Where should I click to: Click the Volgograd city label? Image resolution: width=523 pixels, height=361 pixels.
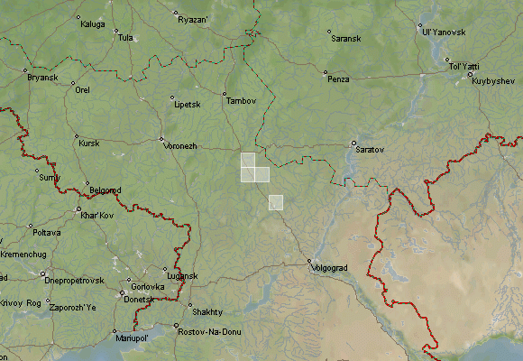[x=328, y=268]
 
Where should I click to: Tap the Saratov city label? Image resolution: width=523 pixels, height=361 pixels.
[x=371, y=148]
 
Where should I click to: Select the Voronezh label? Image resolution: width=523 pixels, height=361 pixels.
[x=180, y=145]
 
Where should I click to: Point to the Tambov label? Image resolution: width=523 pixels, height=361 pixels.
[x=242, y=100]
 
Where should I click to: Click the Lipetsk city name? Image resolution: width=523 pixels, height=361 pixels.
[x=187, y=105]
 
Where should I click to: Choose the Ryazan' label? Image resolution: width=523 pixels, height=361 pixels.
[x=193, y=19]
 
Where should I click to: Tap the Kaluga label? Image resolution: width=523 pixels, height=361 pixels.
[x=93, y=24]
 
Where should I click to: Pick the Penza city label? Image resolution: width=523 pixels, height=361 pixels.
[x=338, y=79]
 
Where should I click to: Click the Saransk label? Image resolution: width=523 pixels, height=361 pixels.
[x=347, y=39]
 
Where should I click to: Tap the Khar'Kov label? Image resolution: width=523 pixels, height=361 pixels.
[x=96, y=217]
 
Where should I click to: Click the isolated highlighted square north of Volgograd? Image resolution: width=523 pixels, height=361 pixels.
[x=276, y=202]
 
